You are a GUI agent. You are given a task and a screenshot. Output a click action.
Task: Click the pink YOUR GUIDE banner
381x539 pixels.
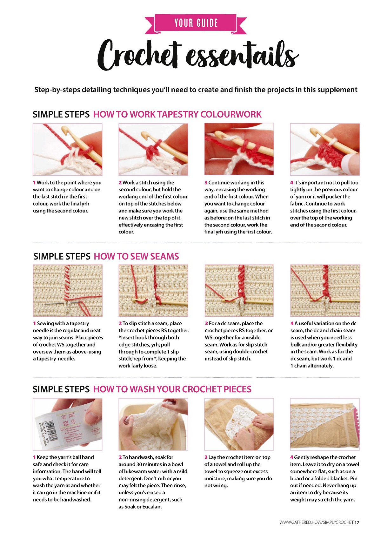tap(196, 23)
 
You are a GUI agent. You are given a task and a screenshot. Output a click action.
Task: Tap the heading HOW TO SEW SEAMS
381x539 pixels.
tap(136, 256)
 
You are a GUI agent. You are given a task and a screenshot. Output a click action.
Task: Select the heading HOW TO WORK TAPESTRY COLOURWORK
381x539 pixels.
tap(177, 114)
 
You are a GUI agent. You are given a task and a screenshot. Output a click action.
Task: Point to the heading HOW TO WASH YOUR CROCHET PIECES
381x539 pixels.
tap(172, 389)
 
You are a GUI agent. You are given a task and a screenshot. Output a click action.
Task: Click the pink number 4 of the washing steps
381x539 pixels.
tap(291, 457)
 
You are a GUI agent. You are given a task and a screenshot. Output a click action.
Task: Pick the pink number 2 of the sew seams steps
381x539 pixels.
tap(120, 323)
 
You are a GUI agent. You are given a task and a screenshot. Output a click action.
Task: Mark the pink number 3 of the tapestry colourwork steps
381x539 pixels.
tap(206, 183)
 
